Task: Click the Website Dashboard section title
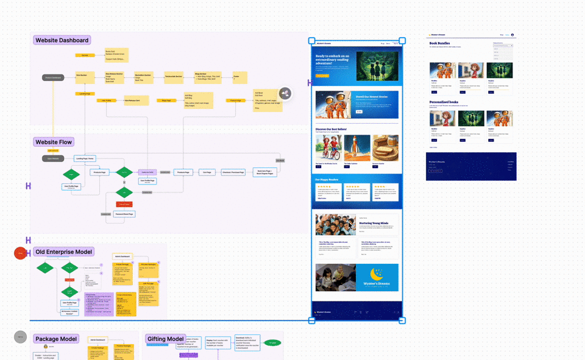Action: pos(62,40)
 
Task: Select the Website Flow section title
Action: pos(54,142)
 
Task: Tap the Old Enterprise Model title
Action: pos(64,252)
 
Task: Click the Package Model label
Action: pos(55,339)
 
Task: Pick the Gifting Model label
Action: pos(165,339)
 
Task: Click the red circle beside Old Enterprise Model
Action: pos(21,253)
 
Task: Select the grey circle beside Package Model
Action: pos(21,336)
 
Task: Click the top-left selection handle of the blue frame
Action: pos(311,41)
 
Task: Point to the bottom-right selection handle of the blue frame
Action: pos(402,320)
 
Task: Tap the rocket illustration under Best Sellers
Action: pos(357,148)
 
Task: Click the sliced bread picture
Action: pos(385,148)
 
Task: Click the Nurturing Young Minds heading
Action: pos(373,224)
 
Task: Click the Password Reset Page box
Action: pos(124,214)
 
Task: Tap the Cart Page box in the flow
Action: pos(207,172)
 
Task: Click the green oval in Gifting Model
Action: pos(272,342)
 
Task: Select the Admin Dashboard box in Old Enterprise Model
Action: pos(125,256)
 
